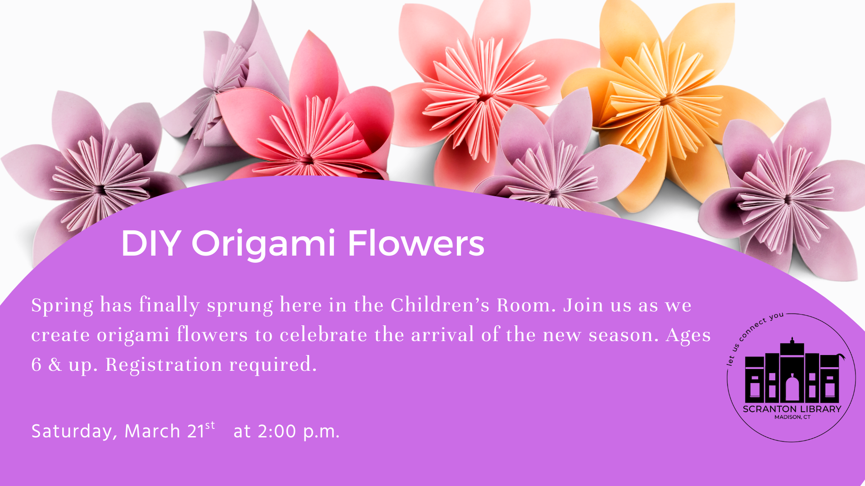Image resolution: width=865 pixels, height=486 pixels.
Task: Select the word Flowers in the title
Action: pyautogui.click(x=416, y=243)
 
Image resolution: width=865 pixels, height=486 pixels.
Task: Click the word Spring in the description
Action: pyautogui.click(x=62, y=306)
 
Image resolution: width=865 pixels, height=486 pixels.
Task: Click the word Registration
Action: pyautogui.click(x=164, y=365)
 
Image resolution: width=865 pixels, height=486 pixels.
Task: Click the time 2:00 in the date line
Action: pyautogui.click(x=277, y=431)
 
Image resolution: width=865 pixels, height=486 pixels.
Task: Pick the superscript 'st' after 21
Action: pyautogui.click(x=210, y=425)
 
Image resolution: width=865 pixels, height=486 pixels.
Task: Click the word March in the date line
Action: pyautogui.click(x=152, y=431)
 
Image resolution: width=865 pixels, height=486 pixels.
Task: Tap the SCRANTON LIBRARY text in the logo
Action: pyautogui.click(x=792, y=409)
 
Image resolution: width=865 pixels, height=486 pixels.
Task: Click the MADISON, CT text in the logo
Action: pyautogui.click(x=792, y=417)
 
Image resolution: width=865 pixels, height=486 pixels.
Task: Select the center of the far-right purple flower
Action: pyautogui.click(x=787, y=199)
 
